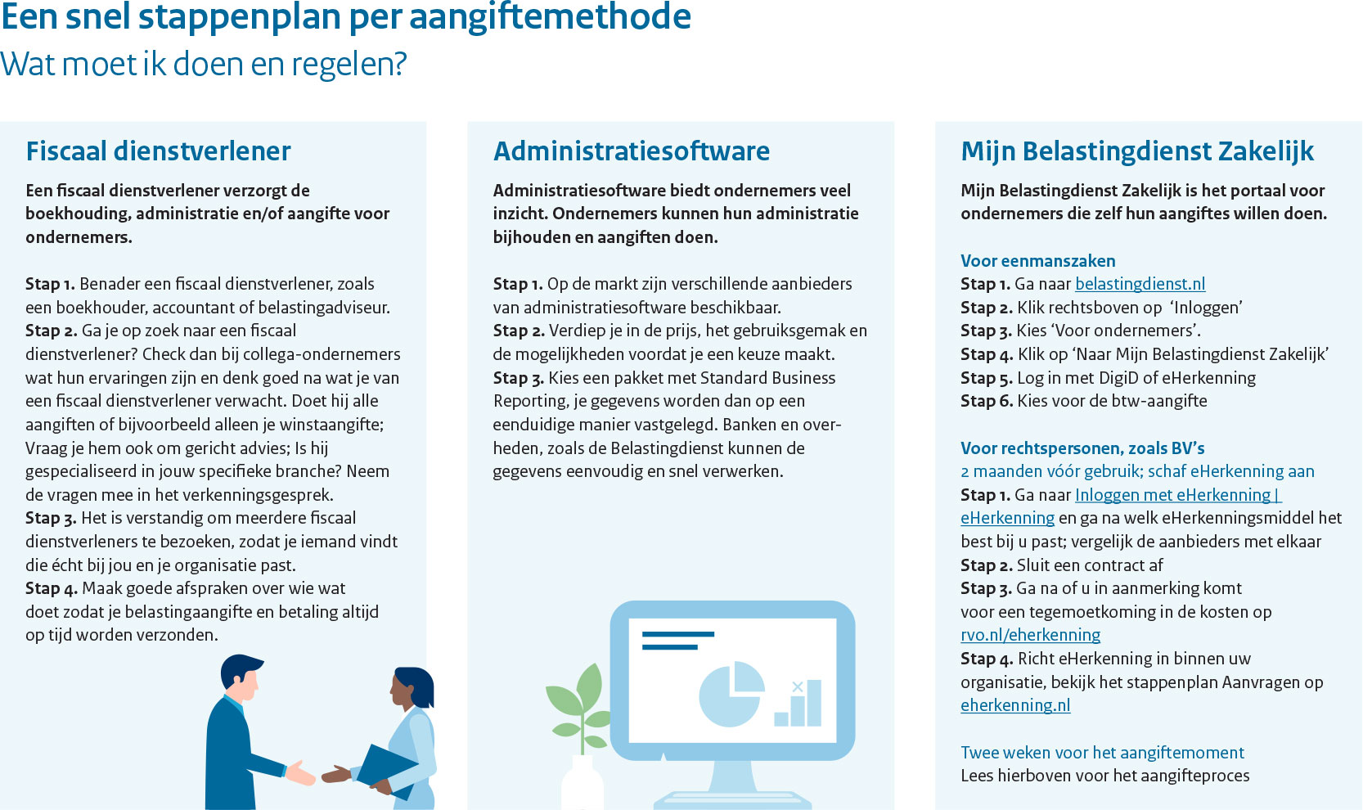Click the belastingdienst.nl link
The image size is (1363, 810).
click(1140, 284)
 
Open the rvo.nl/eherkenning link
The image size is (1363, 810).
click(1030, 636)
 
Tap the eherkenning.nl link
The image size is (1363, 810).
click(1015, 705)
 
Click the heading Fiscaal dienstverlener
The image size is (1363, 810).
click(158, 151)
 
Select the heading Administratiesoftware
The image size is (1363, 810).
click(631, 151)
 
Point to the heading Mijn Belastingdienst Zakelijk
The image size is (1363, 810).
click(1137, 151)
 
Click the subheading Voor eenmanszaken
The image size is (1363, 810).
click(1037, 261)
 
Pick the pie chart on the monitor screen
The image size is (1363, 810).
click(731, 694)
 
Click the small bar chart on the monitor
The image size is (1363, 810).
click(798, 704)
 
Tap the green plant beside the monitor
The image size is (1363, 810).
click(578, 709)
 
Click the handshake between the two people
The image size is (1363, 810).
click(317, 773)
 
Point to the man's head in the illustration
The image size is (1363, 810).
click(241, 678)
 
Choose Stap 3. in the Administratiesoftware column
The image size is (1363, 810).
click(518, 379)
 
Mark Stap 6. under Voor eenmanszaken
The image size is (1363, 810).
click(987, 402)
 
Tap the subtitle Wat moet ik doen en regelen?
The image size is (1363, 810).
click(203, 64)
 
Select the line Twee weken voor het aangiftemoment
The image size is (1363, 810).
click(1102, 753)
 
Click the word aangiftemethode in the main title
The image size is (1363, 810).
click(550, 18)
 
